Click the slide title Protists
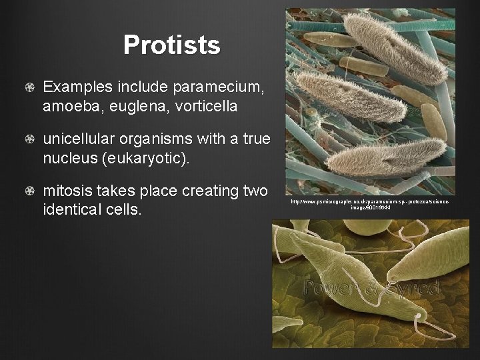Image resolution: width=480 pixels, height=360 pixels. (171, 45)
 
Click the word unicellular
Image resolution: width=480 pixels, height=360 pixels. (79, 139)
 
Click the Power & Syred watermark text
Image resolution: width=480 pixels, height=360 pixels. (371, 288)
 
